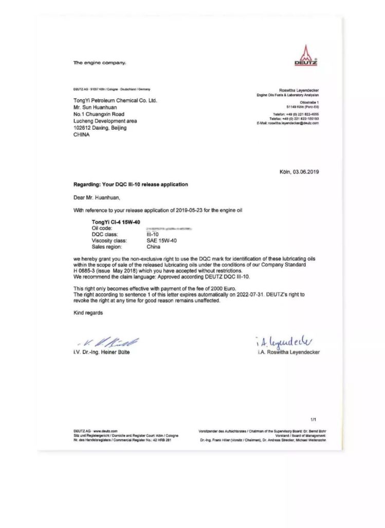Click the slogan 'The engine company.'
pyautogui.click(x=100, y=63)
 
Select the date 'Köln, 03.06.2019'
pyautogui.click(x=299, y=171)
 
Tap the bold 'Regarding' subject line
pyautogui.click(x=131, y=184)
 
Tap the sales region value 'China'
pyautogui.click(x=154, y=247)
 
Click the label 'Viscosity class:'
pyautogui.click(x=109, y=240)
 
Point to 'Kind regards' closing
pyautogui.click(x=88, y=313)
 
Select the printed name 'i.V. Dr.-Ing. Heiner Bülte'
pyautogui.click(x=102, y=352)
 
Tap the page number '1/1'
pyautogui.click(x=314, y=420)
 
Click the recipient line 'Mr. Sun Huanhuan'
pyautogui.click(x=95, y=107)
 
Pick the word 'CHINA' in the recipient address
pyautogui.click(x=81, y=135)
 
